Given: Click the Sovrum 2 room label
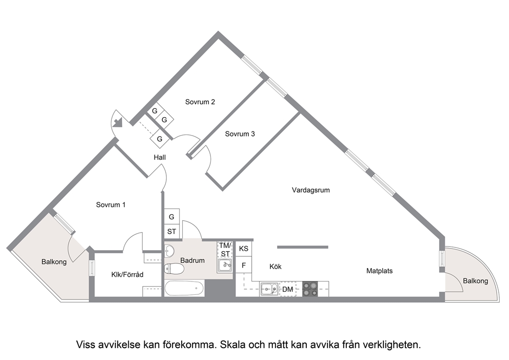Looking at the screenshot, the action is [x=200, y=102].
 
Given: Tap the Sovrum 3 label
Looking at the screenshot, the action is [x=240, y=134].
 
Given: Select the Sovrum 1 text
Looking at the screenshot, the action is [x=111, y=205].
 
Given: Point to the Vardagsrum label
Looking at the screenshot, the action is [x=310, y=190].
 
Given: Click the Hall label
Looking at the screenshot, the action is [x=160, y=158].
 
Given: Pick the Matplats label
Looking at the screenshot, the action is [x=380, y=271].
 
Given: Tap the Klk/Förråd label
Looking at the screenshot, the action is [x=127, y=275].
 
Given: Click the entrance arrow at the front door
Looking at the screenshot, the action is [x=117, y=123].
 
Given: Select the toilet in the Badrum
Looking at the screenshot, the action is [x=174, y=269].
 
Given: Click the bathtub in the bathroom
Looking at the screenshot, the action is [x=184, y=288].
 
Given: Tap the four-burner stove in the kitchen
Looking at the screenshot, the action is [x=310, y=289].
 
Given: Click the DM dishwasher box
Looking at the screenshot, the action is [x=288, y=289].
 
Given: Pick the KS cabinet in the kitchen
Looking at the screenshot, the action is [x=243, y=249].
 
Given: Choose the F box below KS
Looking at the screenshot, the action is [x=243, y=266].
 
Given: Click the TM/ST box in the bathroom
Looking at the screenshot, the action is [x=225, y=250].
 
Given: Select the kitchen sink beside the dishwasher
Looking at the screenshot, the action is [x=269, y=289].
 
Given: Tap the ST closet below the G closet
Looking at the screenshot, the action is [x=172, y=232].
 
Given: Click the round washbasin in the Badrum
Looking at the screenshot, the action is [x=169, y=251].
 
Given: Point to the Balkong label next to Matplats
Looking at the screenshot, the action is [x=475, y=281].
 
